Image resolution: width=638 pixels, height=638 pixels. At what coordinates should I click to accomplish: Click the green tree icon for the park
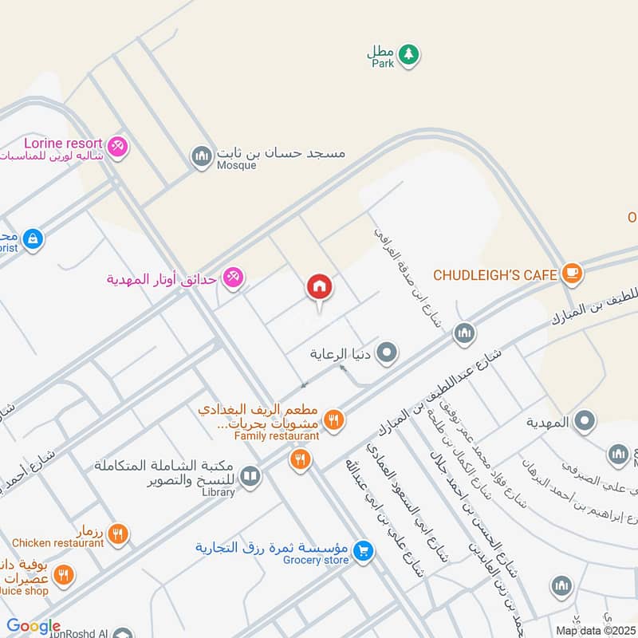pyautogui.click(x=409, y=54)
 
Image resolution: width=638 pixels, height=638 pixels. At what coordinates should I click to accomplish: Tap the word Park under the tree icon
pyautogui.click(x=383, y=65)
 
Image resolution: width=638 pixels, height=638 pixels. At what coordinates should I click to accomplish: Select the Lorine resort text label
pyautogui.click(x=57, y=144)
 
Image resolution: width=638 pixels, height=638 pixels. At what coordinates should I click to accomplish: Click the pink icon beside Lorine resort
pyautogui.click(x=118, y=148)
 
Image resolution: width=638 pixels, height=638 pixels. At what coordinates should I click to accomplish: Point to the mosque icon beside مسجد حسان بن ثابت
pyautogui.click(x=201, y=156)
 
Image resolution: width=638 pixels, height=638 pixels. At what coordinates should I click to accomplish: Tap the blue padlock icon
pyautogui.click(x=33, y=238)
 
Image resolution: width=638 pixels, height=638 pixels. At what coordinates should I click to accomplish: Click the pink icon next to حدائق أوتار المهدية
pyautogui.click(x=233, y=278)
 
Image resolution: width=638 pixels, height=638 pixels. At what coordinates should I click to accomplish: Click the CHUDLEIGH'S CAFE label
pyautogui.click(x=494, y=275)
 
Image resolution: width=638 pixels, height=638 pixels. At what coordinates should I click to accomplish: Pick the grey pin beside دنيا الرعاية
pyautogui.click(x=387, y=352)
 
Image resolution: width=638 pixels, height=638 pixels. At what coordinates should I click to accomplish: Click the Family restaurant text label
pyautogui.click(x=276, y=436)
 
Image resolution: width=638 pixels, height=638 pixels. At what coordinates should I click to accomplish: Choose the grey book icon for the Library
pyautogui.click(x=250, y=477)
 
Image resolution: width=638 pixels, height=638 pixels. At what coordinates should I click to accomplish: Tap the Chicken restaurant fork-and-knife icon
pyautogui.click(x=118, y=534)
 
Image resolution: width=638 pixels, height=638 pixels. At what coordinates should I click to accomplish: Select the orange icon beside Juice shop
pyautogui.click(x=63, y=575)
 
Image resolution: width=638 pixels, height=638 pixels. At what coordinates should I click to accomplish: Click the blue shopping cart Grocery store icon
pyautogui.click(x=363, y=550)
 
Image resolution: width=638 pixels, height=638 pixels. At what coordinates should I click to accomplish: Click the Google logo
pyautogui.click(x=33, y=627)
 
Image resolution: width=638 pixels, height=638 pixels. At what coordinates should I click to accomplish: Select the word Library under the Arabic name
pyautogui.click(x=218, y=492)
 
